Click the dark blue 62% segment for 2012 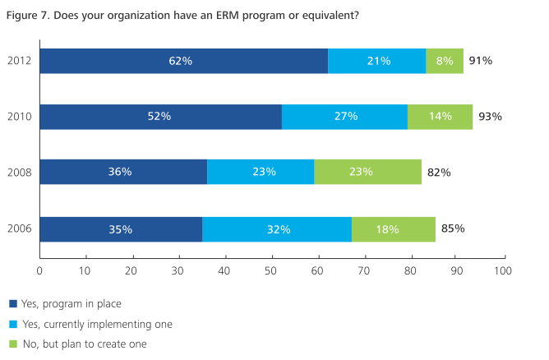coord(183,61)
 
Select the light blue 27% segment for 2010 coord(344,117)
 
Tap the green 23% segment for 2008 coord(367,173)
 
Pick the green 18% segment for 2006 coord(393,229)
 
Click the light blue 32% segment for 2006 coord(277,229)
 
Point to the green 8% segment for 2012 coord(445,61)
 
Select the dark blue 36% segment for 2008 coord(123,173)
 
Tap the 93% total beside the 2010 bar coord(491,117)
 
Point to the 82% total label coord(439,173)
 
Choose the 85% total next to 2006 coord(454,228)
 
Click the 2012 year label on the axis coord(19,61)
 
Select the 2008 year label coord(19,173)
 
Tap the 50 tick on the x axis coord(271,270)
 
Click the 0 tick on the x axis coord(40,270)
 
